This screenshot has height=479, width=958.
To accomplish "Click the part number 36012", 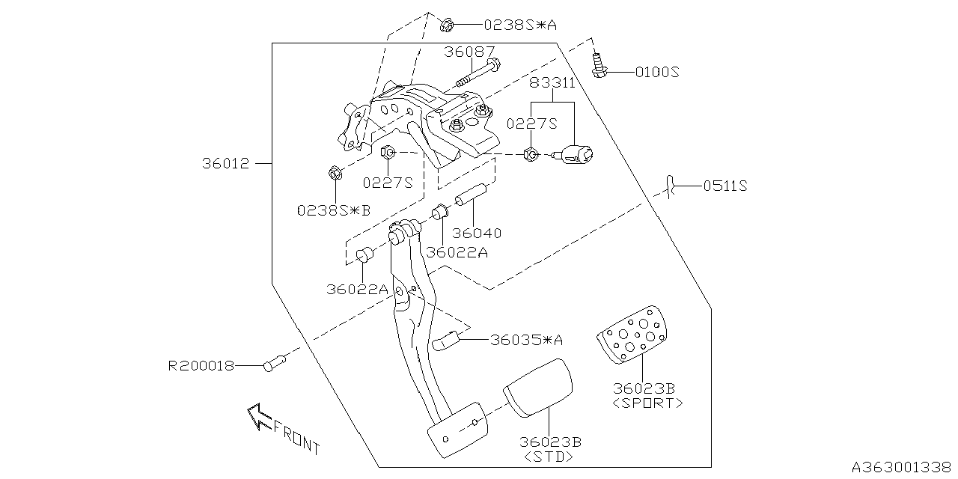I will [x=225, y=163].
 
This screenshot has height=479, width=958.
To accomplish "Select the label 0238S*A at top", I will [x=520, y=25].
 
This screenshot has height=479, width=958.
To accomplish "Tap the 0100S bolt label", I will [x=656, y=73].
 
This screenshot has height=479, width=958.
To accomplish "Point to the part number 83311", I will [x=552, y=82].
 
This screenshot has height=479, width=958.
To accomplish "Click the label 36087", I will [x=469, y=52].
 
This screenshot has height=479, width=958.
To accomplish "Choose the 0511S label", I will [x=725, y=186].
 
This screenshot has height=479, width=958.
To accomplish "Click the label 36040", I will [x=477, y=234].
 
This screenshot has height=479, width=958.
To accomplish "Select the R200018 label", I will [x=201, y=366].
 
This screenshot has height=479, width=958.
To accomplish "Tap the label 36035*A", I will [x=526, y=340].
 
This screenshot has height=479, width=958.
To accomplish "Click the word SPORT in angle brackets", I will [x=647, y=403].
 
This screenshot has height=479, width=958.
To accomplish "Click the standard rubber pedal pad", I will [x=539, y=386].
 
